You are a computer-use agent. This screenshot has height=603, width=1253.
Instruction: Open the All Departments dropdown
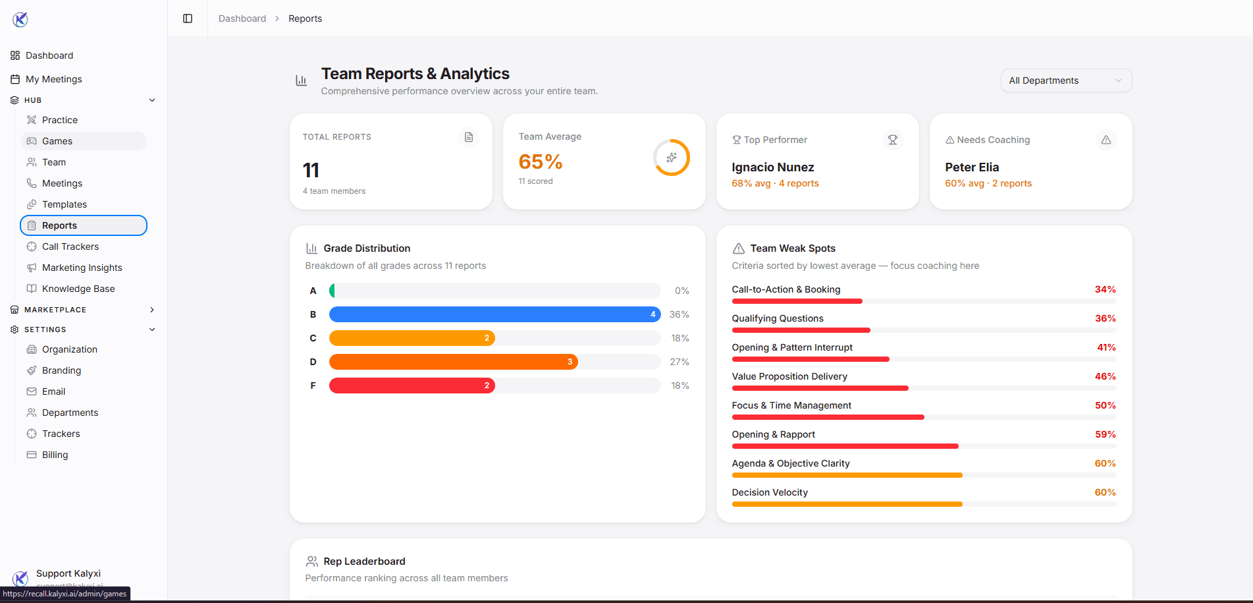(1065, 80)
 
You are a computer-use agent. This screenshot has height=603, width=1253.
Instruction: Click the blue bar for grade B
(494, 314)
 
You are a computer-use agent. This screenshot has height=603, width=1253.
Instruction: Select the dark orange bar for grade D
(453, 362)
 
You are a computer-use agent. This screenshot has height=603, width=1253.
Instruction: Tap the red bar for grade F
(412, 386)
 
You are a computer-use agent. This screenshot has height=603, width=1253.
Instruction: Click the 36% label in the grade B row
(679, 314)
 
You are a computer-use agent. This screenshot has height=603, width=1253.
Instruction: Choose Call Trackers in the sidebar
(70, 246)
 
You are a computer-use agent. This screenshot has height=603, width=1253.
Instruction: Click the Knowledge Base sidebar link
(78, 289)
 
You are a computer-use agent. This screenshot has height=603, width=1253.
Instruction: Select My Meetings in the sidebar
(53, 79)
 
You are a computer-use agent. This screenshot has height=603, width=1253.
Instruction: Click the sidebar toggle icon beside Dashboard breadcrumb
(188, 18)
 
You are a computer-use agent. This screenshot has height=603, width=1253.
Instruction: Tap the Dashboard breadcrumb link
(242, 18)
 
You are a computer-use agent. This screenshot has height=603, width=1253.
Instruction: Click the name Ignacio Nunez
(772, 167)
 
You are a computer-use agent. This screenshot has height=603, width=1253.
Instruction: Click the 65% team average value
(540, 161)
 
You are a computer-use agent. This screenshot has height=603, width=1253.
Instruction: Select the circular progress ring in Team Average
(671, 158)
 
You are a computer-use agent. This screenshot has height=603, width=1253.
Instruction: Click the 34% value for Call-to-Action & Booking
(1104, 289)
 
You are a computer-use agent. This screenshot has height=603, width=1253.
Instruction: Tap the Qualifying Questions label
(777, 318)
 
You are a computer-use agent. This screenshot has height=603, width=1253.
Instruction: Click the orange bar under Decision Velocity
(846, 504)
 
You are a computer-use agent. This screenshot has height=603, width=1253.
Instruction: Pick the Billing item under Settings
(55, 455)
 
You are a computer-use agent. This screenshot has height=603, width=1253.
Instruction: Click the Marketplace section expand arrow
(152, 310)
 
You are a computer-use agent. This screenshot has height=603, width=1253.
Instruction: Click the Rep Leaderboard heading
(363, 561)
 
